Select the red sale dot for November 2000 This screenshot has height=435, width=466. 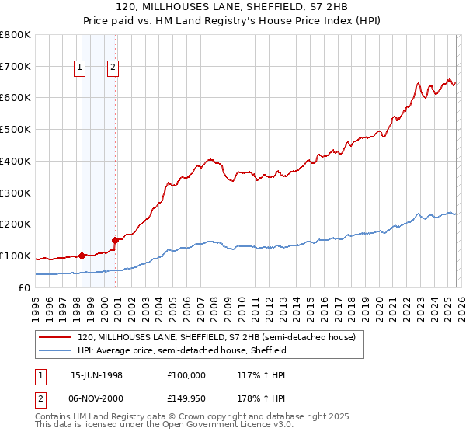coord(115,240)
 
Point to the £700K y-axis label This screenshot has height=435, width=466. coord(16,66)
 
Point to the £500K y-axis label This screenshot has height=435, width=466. coord(16,130)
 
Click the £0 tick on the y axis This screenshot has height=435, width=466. coord(23,287)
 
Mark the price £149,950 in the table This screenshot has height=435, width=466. coord(186,398)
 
